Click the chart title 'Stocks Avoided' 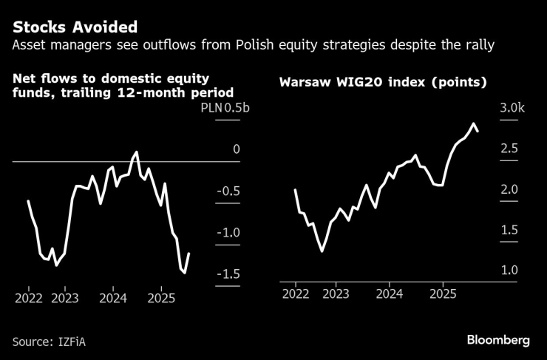pos(74,27)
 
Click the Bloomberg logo pos(498,340)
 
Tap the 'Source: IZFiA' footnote pos(54,342)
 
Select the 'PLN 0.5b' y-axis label pos(221,109)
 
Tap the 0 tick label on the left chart pos(237,150)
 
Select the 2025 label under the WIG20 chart pos(442,293)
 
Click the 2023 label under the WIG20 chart pos(336,293)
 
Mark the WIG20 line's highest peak pos(473,123)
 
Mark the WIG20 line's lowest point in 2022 pos(322,251)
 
